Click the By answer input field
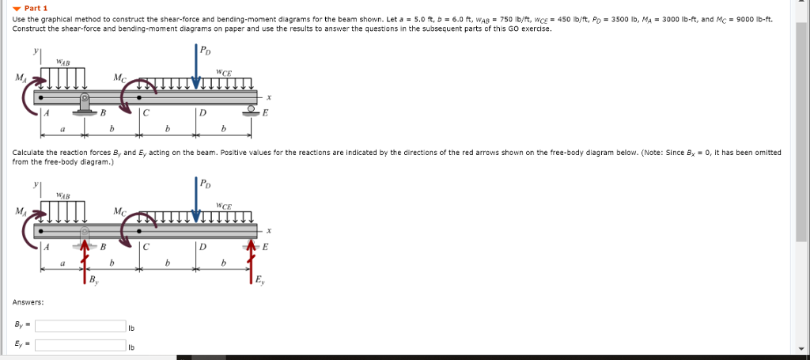pos(79,325)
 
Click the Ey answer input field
pos(79,345)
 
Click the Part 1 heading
pos(36,8)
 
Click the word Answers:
pos(28,302)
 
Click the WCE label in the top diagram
pos(225,72)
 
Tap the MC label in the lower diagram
pos(118,211)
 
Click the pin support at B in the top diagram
pos(84,104)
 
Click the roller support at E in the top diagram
pos(253,110)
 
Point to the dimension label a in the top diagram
pos(62,128)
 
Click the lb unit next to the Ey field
pos(131,347)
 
